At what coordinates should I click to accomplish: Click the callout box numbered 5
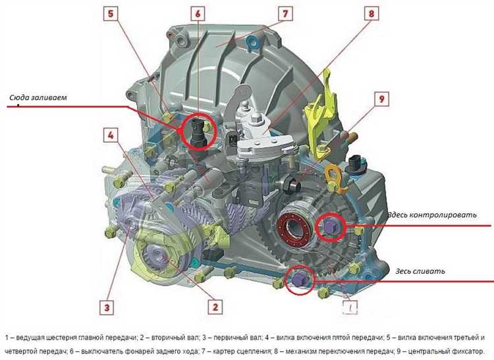point(111,14)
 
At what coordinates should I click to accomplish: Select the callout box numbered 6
point(198,14)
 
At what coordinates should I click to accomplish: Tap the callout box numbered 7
point(285,14)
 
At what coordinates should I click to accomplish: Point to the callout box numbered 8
point(371,14)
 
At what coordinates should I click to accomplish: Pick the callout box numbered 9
point(381,99)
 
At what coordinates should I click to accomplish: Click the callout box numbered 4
point(111,135)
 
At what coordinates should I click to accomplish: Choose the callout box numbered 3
point(107,307)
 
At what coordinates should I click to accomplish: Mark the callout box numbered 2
point(215,307)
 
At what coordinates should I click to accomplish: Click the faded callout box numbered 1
point(350,307)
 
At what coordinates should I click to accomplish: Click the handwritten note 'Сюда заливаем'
point(38,97)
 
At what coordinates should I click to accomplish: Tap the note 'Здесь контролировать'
point(431,215)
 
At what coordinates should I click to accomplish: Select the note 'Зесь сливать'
point(420,271)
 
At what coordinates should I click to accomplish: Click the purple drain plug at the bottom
point(298,278)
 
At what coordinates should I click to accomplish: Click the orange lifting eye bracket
point(334,178)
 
